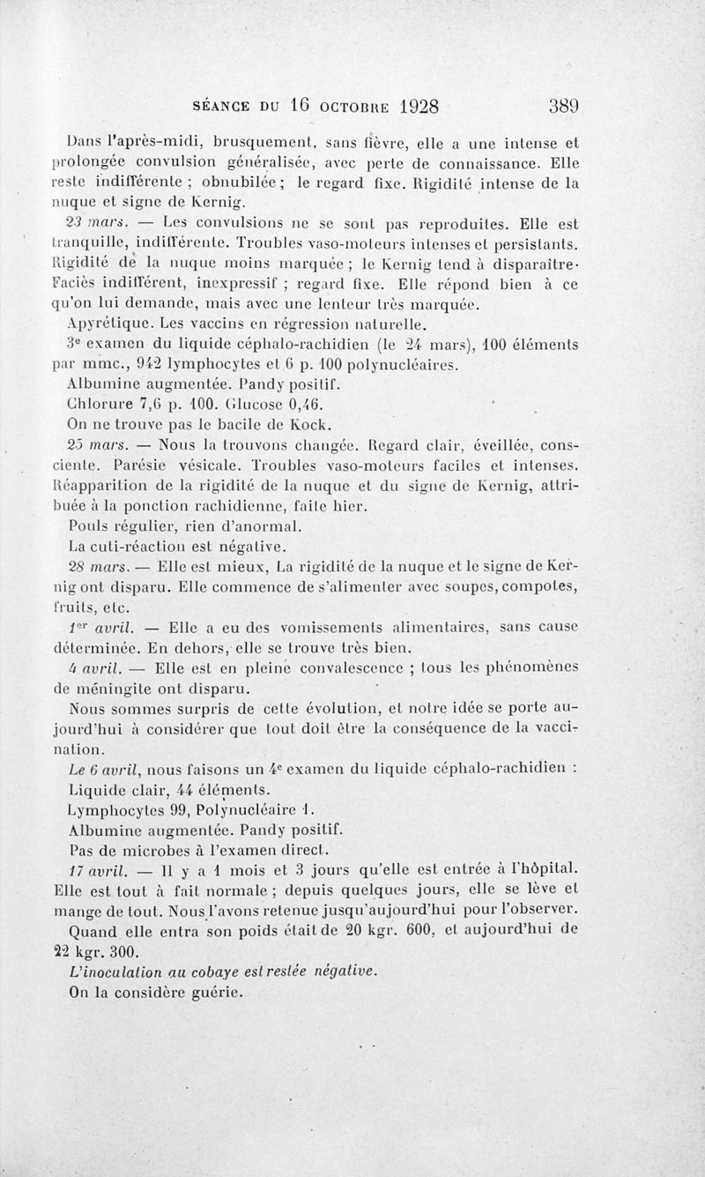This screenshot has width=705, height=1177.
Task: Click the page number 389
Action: click(563, 107)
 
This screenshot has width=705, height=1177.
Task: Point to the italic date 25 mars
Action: click(99, 443)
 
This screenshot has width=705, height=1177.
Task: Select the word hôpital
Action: click(548, 870)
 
